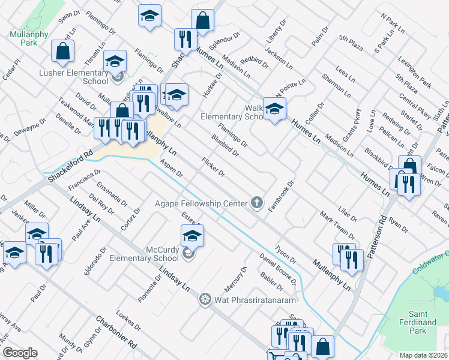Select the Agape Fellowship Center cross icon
(x=257, y=202)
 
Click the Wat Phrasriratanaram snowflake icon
(x=205, y=299)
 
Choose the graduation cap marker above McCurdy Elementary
(x=192, y=235)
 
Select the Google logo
(x=20, y=353)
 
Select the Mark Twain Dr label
(x=337, y=225)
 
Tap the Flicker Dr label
(x=213, y=167)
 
